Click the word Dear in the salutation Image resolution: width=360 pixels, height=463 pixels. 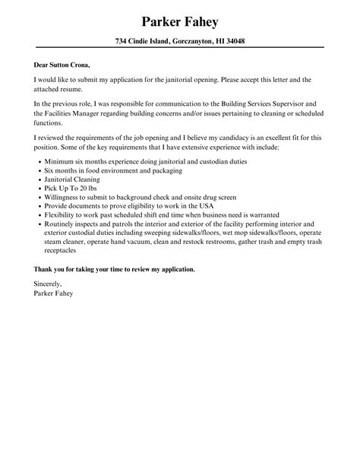pyautogui.click(x=43, y=64)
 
